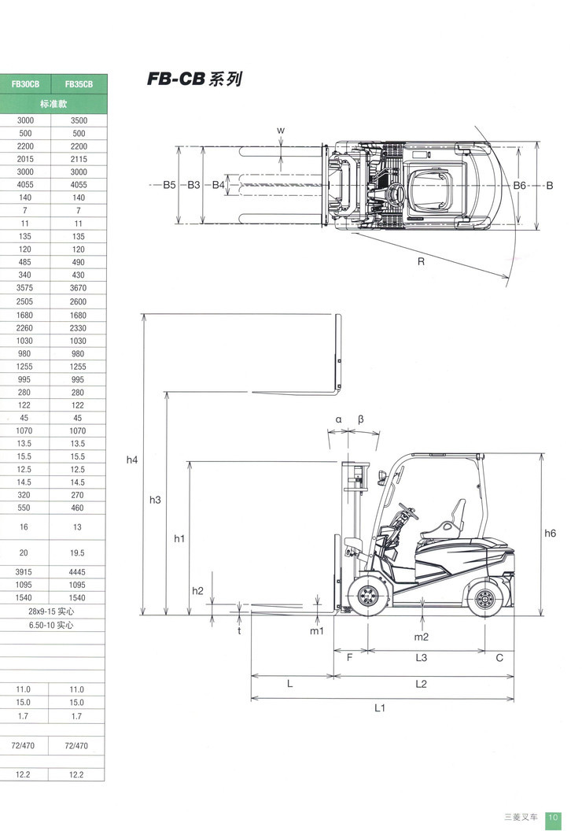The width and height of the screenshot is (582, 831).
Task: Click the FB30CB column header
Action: tap(25, 84)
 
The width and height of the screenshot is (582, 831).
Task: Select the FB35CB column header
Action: tap(78, 84)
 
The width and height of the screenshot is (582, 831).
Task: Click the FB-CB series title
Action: tap(193, 80)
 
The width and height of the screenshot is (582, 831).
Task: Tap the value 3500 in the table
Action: tap(78, 120)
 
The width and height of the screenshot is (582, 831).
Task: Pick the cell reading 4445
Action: tap(78, 572)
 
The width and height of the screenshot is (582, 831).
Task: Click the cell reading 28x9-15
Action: tap(52, 611)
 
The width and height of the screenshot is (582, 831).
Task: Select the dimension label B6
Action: tap(519, 185)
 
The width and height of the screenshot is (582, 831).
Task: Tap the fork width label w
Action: tap(280, 129)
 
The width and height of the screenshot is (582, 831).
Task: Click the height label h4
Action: tap(132, 460)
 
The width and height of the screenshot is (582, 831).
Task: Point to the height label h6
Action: tap(551, 533)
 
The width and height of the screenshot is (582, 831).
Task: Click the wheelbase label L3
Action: tap(422, 658)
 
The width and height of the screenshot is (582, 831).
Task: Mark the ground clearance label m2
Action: tap(422, 637)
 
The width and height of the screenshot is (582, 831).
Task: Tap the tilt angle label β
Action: tap(360, 419)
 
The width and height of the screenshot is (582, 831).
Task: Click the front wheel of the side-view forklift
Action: tap(367, 600)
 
